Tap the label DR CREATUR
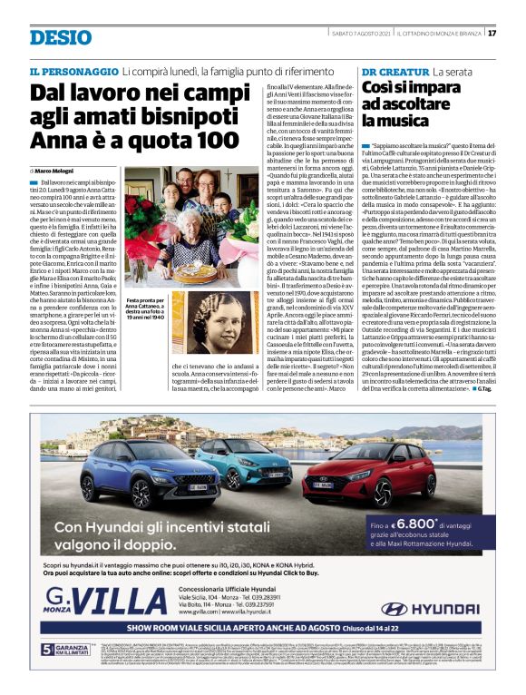(x=395, y=71)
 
